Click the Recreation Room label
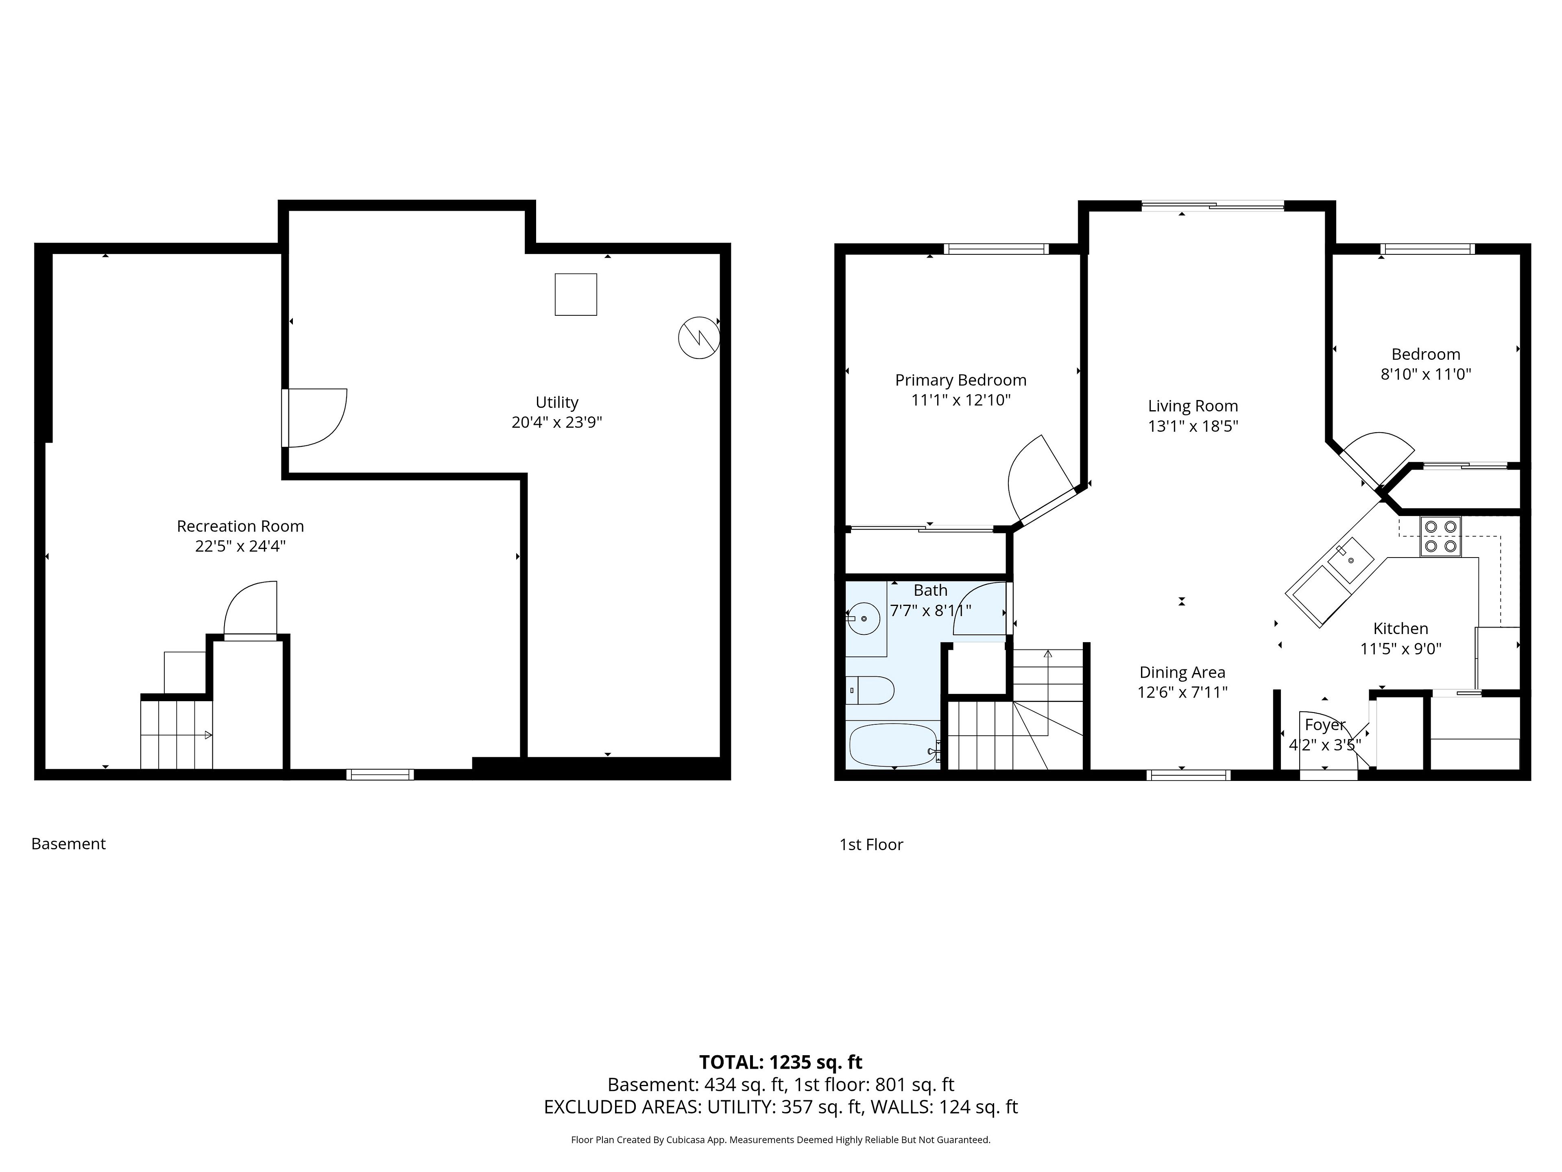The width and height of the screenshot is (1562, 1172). (240, 526)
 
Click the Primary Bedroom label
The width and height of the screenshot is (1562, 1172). (960, 380)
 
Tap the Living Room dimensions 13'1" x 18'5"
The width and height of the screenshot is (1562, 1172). (1193, 426)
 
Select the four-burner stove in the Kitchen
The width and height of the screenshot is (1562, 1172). (1440, 536)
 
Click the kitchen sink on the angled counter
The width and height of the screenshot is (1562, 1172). (1350, 561)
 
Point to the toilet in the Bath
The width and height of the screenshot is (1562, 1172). (870, 690)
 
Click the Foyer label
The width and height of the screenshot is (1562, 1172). (1325, 725)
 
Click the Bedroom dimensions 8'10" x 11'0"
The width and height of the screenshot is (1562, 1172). (1426, 374)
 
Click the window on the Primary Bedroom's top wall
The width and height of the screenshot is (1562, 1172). (996, 249)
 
